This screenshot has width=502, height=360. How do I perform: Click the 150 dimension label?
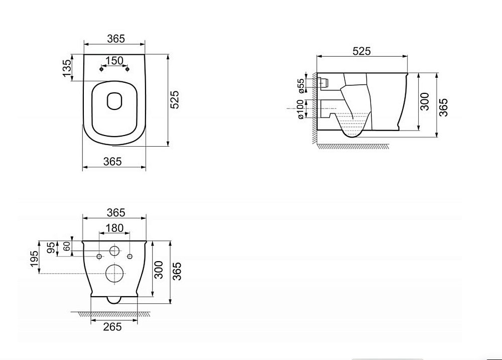point(114,60)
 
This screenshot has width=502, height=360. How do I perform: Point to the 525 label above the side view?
point(361,51)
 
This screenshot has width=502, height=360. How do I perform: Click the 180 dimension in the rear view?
point(114,228)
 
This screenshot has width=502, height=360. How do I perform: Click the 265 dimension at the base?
point(112,327)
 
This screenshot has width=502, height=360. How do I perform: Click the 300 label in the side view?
point(425,102)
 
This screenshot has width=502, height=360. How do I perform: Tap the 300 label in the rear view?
point(159,270)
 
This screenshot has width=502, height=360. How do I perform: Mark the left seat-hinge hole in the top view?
point(102,70)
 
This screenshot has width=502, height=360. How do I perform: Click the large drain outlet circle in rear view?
point(114,274)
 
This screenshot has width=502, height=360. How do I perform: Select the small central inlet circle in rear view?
point(114,252)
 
